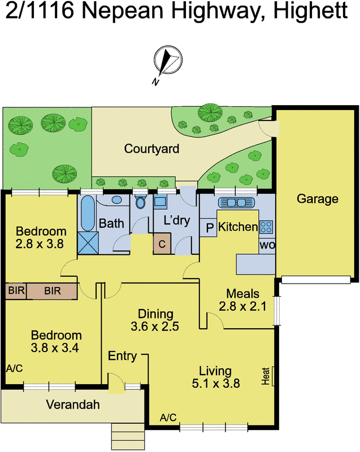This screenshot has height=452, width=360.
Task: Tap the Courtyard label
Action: (151, 149)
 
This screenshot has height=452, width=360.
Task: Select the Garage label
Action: (318, 199)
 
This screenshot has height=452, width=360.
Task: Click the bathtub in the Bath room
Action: (88, 213)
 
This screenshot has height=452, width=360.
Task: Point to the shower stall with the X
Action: (88, 243)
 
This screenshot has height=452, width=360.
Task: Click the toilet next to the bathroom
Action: (141, 202)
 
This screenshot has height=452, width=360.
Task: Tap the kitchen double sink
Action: (236, 203)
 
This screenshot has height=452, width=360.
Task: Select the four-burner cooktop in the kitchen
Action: (266, 227)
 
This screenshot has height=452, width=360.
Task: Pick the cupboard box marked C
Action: (162, 244)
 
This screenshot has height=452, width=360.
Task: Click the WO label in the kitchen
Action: (267, 246)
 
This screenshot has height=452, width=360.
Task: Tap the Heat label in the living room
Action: (266, 376)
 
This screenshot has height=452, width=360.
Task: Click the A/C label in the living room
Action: (168, 417)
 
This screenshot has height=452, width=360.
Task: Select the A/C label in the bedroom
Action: (15, 368)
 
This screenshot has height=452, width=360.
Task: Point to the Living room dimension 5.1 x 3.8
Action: (215, 384)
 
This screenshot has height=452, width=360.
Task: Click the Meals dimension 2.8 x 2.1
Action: (242, 306)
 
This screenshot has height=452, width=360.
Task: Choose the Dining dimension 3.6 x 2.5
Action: (155, 327)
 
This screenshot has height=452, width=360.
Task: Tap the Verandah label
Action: (73, 405)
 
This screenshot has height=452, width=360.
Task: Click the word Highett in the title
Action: (310, 11)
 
